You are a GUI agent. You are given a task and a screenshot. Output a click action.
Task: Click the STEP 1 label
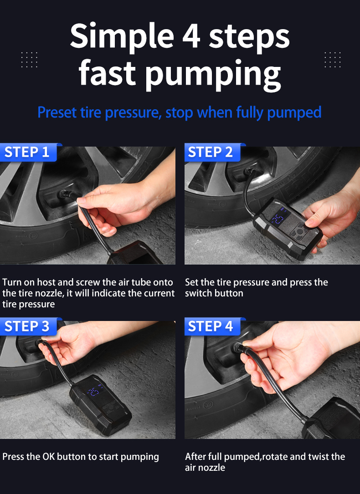click(x=27, y=152)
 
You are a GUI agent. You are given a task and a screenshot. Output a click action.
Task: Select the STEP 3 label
click(x=27, y=326)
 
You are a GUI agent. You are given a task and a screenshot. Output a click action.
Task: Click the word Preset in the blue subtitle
click(x=57, y=112)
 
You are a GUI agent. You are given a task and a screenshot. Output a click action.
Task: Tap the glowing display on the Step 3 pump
click(x=94, y=391)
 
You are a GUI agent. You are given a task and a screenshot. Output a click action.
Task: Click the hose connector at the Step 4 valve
click(x=239, y=348)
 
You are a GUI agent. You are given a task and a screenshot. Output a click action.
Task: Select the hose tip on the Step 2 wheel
click(x=250, y=172)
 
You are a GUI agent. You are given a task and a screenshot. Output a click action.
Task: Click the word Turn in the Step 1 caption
click(x=12, y=282)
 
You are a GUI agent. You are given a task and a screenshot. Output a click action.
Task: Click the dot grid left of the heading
click(x=29, y=60)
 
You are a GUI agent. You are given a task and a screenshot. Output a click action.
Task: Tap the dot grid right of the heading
click(x=333, y=60)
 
